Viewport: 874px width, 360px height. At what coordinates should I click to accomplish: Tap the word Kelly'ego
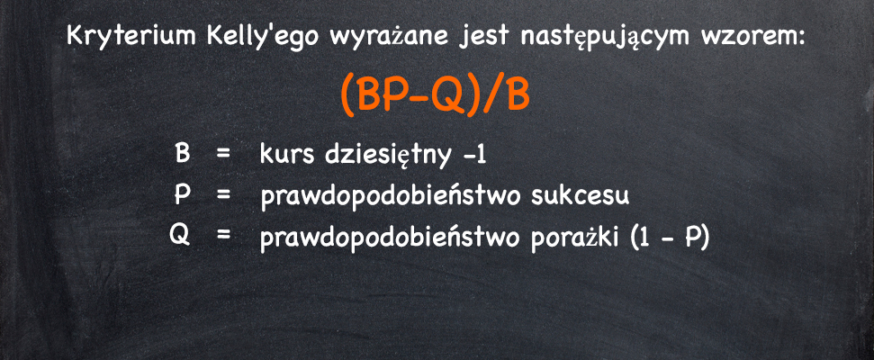click(x=267, y=37)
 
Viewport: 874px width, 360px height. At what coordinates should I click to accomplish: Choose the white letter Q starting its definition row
click(x=180, y=237)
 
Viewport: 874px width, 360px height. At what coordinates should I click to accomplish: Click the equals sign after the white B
click(x=223, y=155)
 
